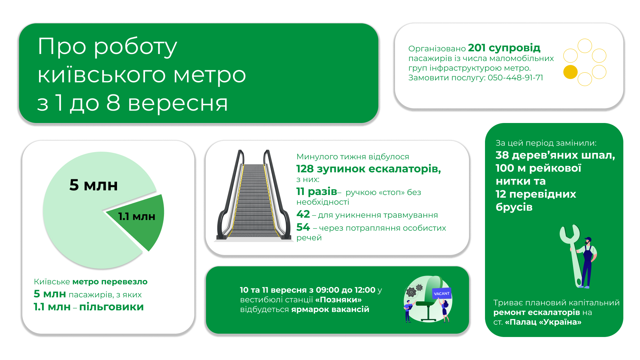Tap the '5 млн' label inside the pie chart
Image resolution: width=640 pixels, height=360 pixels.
pos(94,185)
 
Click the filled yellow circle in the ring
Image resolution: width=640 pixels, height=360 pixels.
pos(570,72)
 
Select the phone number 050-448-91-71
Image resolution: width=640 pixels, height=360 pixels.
pos(515,78)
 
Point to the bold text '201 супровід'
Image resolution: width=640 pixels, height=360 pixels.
pos(504,48)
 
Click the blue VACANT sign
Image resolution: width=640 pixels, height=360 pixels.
pos(442,293)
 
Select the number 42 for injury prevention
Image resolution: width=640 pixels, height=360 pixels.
pos(303,214)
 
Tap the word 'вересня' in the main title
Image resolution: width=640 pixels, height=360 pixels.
pos(178,103)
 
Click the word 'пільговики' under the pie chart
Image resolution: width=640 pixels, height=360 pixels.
pos(111,307)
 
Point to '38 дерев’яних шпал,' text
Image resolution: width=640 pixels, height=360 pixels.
pos(555,155)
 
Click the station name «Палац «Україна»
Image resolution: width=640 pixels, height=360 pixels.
pos(543,322)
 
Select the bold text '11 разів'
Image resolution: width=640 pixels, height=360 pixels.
pos(317,192)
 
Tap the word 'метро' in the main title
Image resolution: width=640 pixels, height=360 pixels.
pos(210,75)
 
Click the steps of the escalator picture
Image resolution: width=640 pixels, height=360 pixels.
pos(253,200)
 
